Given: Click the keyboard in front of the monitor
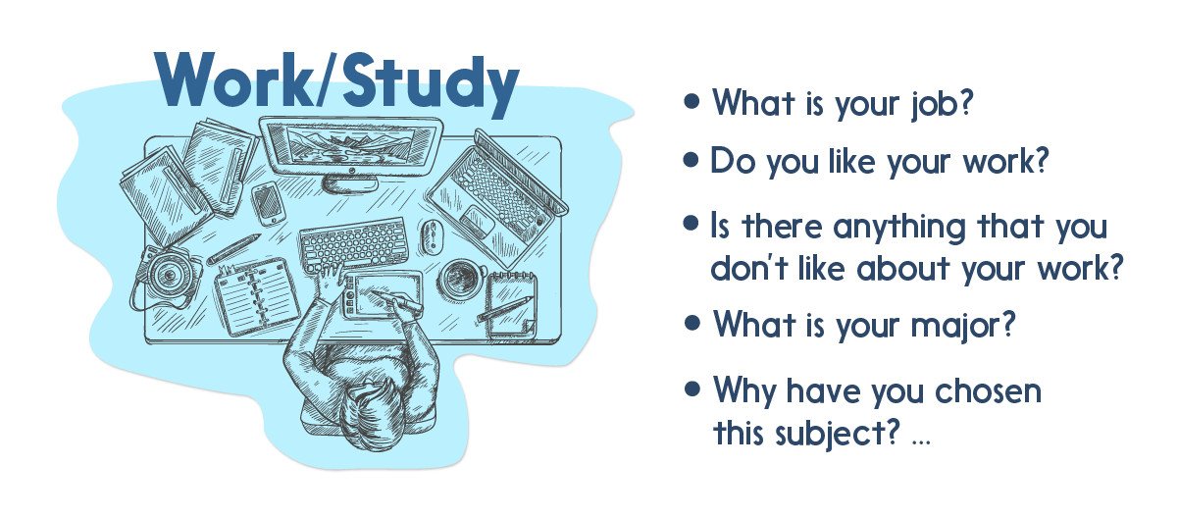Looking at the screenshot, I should click(352, 242).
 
